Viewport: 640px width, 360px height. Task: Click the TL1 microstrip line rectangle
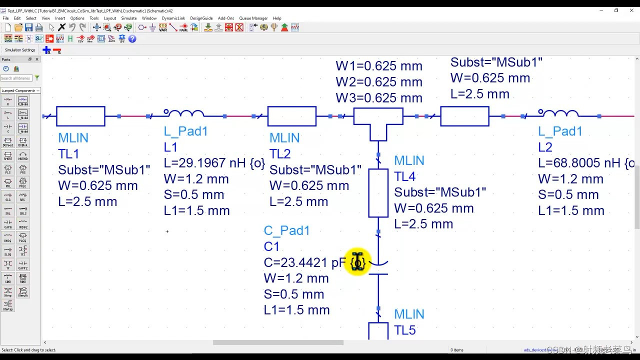pyautogui.click(x=80, y=116)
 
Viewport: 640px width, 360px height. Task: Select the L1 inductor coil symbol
pyautogui.click(x=183, y=114)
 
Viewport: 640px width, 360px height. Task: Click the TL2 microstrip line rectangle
pyautogui.click(x=292, y=116)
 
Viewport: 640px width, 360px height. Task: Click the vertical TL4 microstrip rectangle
pyautogui.click(x=378, y=193)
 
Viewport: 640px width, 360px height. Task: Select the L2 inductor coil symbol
pyautogui.click(x=558, y=114)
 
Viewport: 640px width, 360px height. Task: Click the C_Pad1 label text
pyautogui.click(x=286, y=230)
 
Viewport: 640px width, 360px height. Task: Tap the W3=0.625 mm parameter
pyautogui.click(x=378, y=98)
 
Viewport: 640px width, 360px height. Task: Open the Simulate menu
pyautogui.click(x=128, y=18)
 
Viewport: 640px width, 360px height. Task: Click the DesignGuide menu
pyautogui.click(x=201, y=18)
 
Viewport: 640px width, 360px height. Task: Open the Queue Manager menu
pyautogui.click(x=253, y=18)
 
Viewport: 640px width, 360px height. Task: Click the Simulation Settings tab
pyautogui.click(x=20, y=50)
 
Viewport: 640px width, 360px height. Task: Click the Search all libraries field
pyautogui.click(x=16, y=78)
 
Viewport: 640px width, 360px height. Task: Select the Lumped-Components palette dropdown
pyautogui.click(x=20, y=90)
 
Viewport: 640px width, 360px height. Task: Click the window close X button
pyautogui.click(x=630, y=10)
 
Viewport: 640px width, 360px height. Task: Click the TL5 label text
pyautogui.click(x=404, y=330)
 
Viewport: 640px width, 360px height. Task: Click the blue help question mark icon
pyautogui.click(x=132, y=38)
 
